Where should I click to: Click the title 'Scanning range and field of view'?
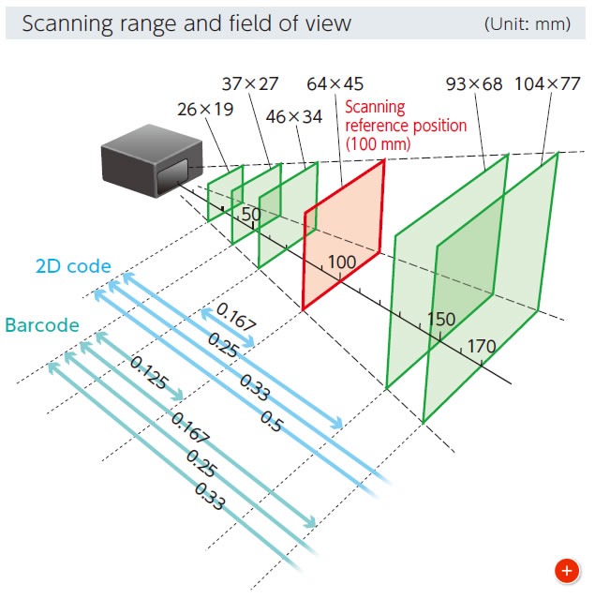(x=186, y=22)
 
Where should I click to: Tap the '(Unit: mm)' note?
(x=527, y=23)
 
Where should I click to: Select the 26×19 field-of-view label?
(x=204, y=109)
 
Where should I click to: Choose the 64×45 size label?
(x=335, y=84)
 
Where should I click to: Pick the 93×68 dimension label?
(x=474, y=84)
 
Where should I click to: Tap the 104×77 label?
(x=547, y=84)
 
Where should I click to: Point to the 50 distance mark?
(x=250, y=214)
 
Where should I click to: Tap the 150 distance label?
(x=441, y=319)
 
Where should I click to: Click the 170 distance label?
(x=481, y=347)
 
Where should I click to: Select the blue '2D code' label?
(x=73, y=266)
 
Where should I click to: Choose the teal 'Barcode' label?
(x=41, y=326)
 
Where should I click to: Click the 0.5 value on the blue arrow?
(x=272, y=423)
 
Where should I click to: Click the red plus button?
(x=565, y=569)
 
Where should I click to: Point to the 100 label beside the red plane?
(x=342, y=262)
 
